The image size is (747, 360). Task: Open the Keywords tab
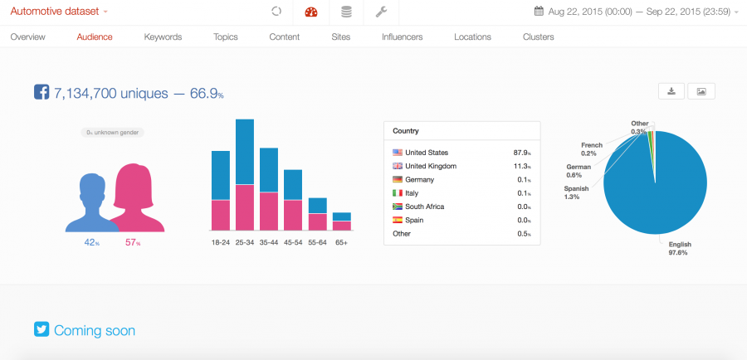[x=163, y=36]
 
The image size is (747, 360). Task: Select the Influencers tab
[x=402, y=36]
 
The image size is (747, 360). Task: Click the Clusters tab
[x=539, y=36]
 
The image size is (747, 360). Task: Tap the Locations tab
[x=472, y=36]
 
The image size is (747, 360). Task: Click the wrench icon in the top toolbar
[x=381, y=12]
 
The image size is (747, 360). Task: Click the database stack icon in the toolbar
[x=346, y=12]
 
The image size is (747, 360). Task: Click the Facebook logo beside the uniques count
[x=41, y=93]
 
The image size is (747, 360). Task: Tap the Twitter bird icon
[x=41, y=329]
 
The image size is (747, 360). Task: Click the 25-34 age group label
[x=244, y=242]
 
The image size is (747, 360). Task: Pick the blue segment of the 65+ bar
[x=342, y=216]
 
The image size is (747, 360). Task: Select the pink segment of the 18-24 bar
[x=220, y=215]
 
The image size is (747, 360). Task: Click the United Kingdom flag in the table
[x=398, y=166]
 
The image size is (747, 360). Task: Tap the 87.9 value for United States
[x=520, y=153]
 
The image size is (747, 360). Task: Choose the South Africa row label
[x=426, y=207]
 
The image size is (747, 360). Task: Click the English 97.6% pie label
[x=680, y=248]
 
